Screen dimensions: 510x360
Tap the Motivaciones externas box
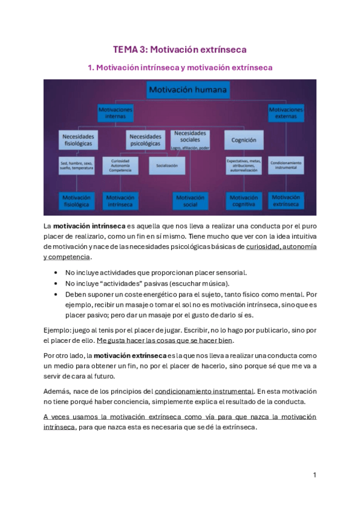tap(286, 113)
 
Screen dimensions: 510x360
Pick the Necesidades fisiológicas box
tap(78, 141)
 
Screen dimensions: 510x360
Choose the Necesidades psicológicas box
tap(145, 141)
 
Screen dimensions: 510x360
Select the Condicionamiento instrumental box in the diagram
tap(286, 165)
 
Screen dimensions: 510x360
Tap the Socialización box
tap(166, 165)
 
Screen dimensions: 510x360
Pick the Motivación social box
tap(190, 200)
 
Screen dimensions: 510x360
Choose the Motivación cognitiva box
tap(243, 200)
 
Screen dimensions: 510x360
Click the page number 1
tap(314, 475)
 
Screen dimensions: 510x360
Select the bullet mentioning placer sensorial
tap(156, 272)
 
